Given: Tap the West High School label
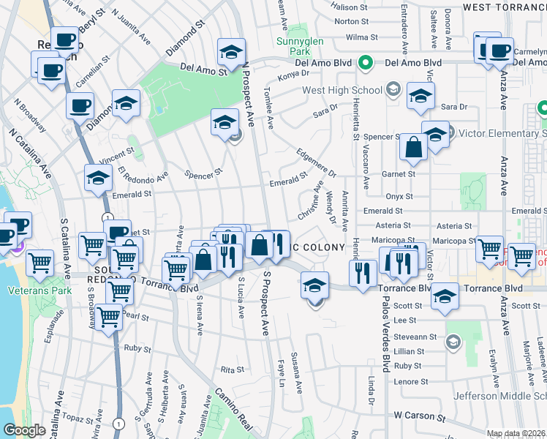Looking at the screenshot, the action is pos(342,91).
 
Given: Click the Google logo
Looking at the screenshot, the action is pos(24,430).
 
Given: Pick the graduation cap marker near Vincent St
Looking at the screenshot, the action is pos(98,178).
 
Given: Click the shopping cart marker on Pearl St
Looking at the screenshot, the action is pos(109,318).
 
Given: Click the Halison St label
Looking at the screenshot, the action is pos(346,7).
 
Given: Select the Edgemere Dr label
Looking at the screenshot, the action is pos(316,163).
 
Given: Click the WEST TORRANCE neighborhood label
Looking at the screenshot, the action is pos(505,7).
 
